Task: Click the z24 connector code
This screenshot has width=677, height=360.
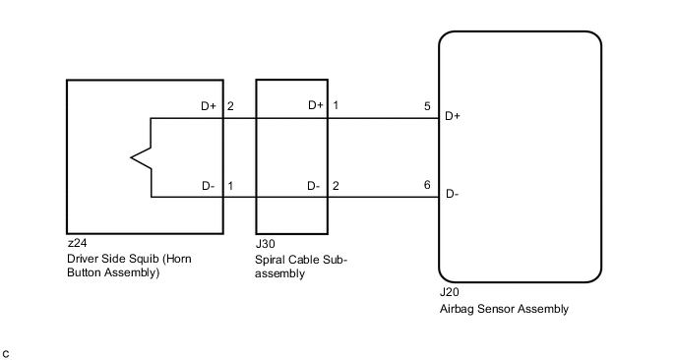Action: tap(78, 243)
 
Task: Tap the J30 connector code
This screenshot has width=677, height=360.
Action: tap(265, 244)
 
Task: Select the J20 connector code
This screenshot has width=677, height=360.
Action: tap(450, 292)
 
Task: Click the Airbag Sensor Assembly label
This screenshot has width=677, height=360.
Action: tap(504, 309)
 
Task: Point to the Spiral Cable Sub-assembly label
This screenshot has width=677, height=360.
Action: tap(301, 267)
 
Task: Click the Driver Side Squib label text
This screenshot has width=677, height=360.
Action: tap(129, 266)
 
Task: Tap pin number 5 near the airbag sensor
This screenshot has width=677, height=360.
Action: tap(427, 106)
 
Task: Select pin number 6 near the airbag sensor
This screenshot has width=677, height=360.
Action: tap(427, 185)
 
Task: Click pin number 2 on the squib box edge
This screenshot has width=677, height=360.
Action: tap(230, 106)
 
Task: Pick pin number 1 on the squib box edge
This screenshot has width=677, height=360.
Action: tap(230, 186)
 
